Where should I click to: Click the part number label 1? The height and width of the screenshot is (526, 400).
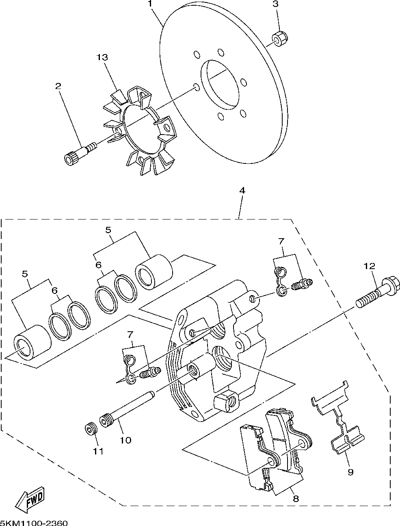pyautogui.click(x=150, y=4)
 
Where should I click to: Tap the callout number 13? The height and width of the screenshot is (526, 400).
pyautogui.click(x=102, y=57)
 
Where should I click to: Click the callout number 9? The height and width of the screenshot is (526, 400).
pyautogui.click(x=350, y=472)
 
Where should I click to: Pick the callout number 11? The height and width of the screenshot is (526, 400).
pyautogui.click(x=98, y=452)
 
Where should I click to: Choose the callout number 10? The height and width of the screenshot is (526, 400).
pyautogui.click(x=125, y=440)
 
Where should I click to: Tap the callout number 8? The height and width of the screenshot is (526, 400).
pyautogui.click(x=296, y=499)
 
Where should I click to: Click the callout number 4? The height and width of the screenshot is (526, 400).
pyautogui.click(x=242, y=191)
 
